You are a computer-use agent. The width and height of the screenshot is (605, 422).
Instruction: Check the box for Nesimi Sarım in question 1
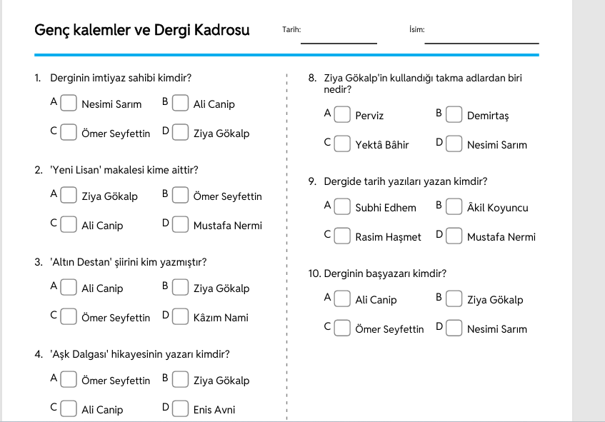69,103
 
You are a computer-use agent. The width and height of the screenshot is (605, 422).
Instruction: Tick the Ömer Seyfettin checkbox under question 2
180,195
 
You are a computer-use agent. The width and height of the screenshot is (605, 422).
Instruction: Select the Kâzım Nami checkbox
180,317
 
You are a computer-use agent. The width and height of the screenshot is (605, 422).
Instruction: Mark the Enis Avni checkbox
180,409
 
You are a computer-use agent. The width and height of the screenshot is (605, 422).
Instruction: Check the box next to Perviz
342,114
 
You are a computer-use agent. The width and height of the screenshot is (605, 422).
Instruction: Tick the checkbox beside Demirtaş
454,114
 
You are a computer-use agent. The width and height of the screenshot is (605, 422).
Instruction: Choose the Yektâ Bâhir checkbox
342,144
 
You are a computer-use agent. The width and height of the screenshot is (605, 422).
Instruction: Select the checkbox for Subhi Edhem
342,207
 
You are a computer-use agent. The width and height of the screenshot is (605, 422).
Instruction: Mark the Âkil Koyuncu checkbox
454,207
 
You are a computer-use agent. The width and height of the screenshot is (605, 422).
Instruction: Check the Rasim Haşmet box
342,236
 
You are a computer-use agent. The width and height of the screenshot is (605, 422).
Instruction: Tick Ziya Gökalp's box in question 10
454,299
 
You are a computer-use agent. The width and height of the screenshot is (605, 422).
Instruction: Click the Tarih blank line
339,44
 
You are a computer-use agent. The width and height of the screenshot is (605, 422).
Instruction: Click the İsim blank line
481,44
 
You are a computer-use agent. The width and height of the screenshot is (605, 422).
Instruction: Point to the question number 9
312,181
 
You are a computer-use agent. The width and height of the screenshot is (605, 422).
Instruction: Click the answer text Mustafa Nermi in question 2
228,226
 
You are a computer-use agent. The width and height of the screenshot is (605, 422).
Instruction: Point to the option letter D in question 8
439,142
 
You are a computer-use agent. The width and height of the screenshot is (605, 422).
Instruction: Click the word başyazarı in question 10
388,274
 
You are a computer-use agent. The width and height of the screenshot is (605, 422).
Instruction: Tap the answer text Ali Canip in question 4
102,410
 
